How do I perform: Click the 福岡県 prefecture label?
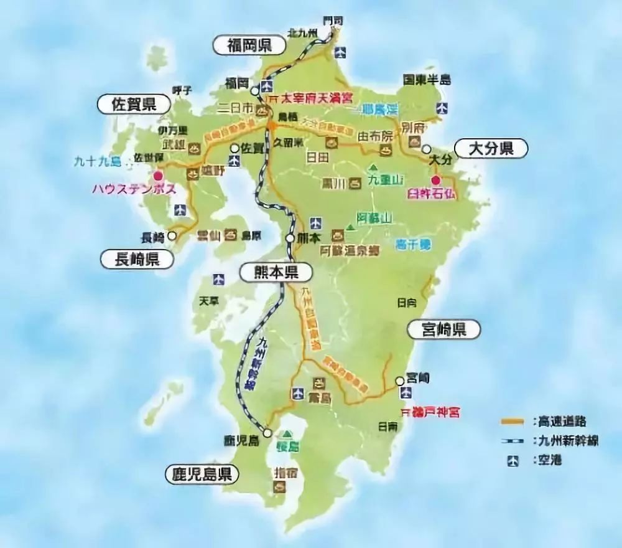tap(244, 45)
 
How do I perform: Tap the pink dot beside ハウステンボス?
tap(158, 176)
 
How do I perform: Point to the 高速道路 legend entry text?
tap(559, 422)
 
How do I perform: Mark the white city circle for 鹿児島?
tap(267, 432)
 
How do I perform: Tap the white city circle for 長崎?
tap(172, 237)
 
